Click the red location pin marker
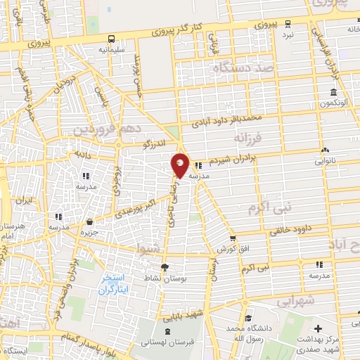(x=181, y=166)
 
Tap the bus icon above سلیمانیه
(x=112, y=39)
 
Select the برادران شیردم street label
(x=236, y=160)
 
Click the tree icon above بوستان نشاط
(x=165, y=267)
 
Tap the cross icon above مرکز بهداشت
(x=318, y=328)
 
